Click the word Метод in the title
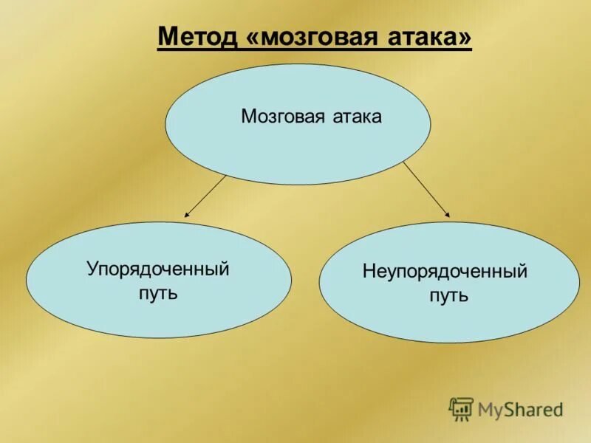coord(194,36)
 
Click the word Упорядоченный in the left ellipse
coord(158,269)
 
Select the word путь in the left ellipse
coord(158,293)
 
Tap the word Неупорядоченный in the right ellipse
coord(445,272)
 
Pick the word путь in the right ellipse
coord(449,296)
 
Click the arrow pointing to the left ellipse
coord(205,196)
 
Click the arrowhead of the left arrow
coord(187,215)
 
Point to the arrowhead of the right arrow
coord(447,214)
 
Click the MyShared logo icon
coord(461,408)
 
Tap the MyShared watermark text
coord(521,408)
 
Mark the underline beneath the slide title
coord(314,49)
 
